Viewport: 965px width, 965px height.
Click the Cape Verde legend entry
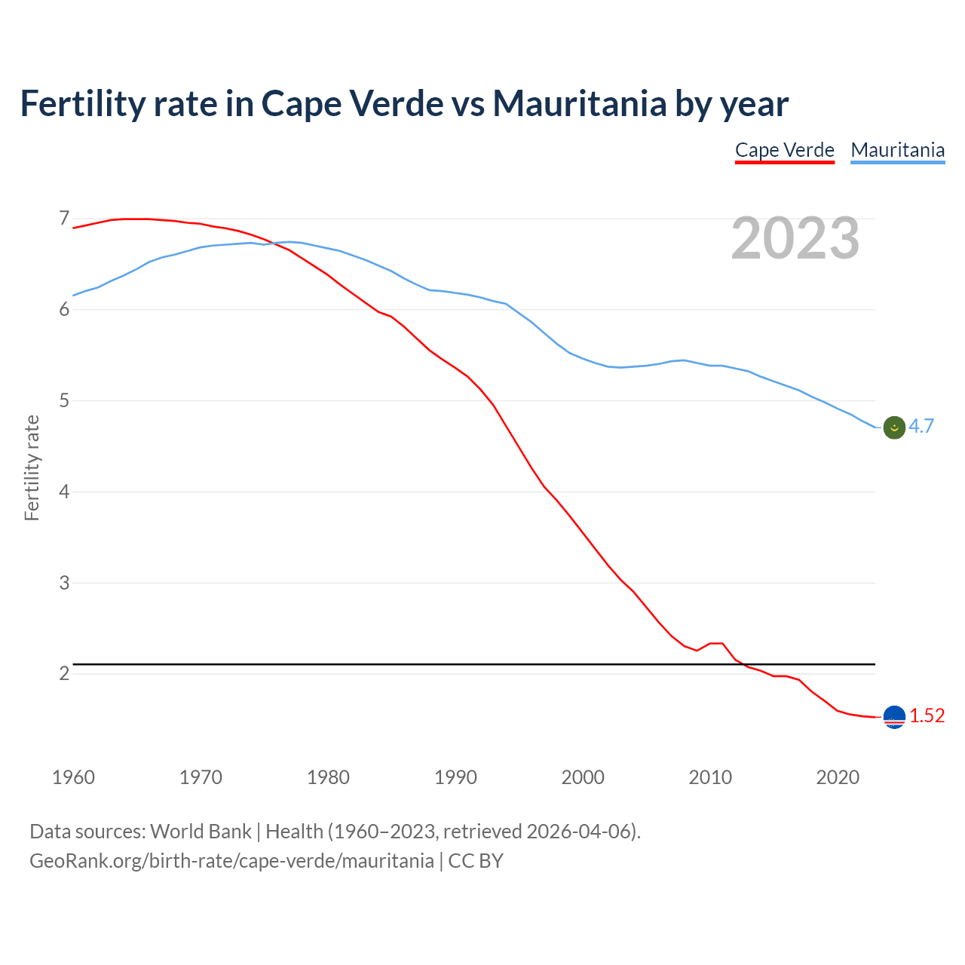tap(784, 150)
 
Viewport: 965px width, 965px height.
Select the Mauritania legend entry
tap(897, 150)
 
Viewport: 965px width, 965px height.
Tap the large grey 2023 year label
tap(795, 238)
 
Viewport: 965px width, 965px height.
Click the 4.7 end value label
tap(921, 427)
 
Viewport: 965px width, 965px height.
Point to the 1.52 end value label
tap(927, 716)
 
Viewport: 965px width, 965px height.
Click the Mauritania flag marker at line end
tap(894, 427)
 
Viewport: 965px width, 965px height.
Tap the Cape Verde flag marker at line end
tap(894, 717)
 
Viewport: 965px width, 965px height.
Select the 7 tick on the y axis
tap(64, 219)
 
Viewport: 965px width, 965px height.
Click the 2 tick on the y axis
tap(64, 673)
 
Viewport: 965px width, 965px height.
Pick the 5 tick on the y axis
tap(64, 400)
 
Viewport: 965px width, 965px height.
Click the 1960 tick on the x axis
tap(73, 777)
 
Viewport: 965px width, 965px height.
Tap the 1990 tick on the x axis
tap(455, 777)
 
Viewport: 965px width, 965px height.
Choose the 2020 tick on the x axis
tap(838, 777)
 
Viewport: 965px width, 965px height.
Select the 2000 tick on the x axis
tap(583, 777)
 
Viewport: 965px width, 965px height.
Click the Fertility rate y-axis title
tap(32, 467)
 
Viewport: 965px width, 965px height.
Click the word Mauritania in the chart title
tap(579, 104)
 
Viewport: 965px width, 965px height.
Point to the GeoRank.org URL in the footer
tap(231, 861)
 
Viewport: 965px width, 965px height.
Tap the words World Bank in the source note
tap(201, 832)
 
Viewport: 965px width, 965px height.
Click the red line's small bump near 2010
tap(716, 643)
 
